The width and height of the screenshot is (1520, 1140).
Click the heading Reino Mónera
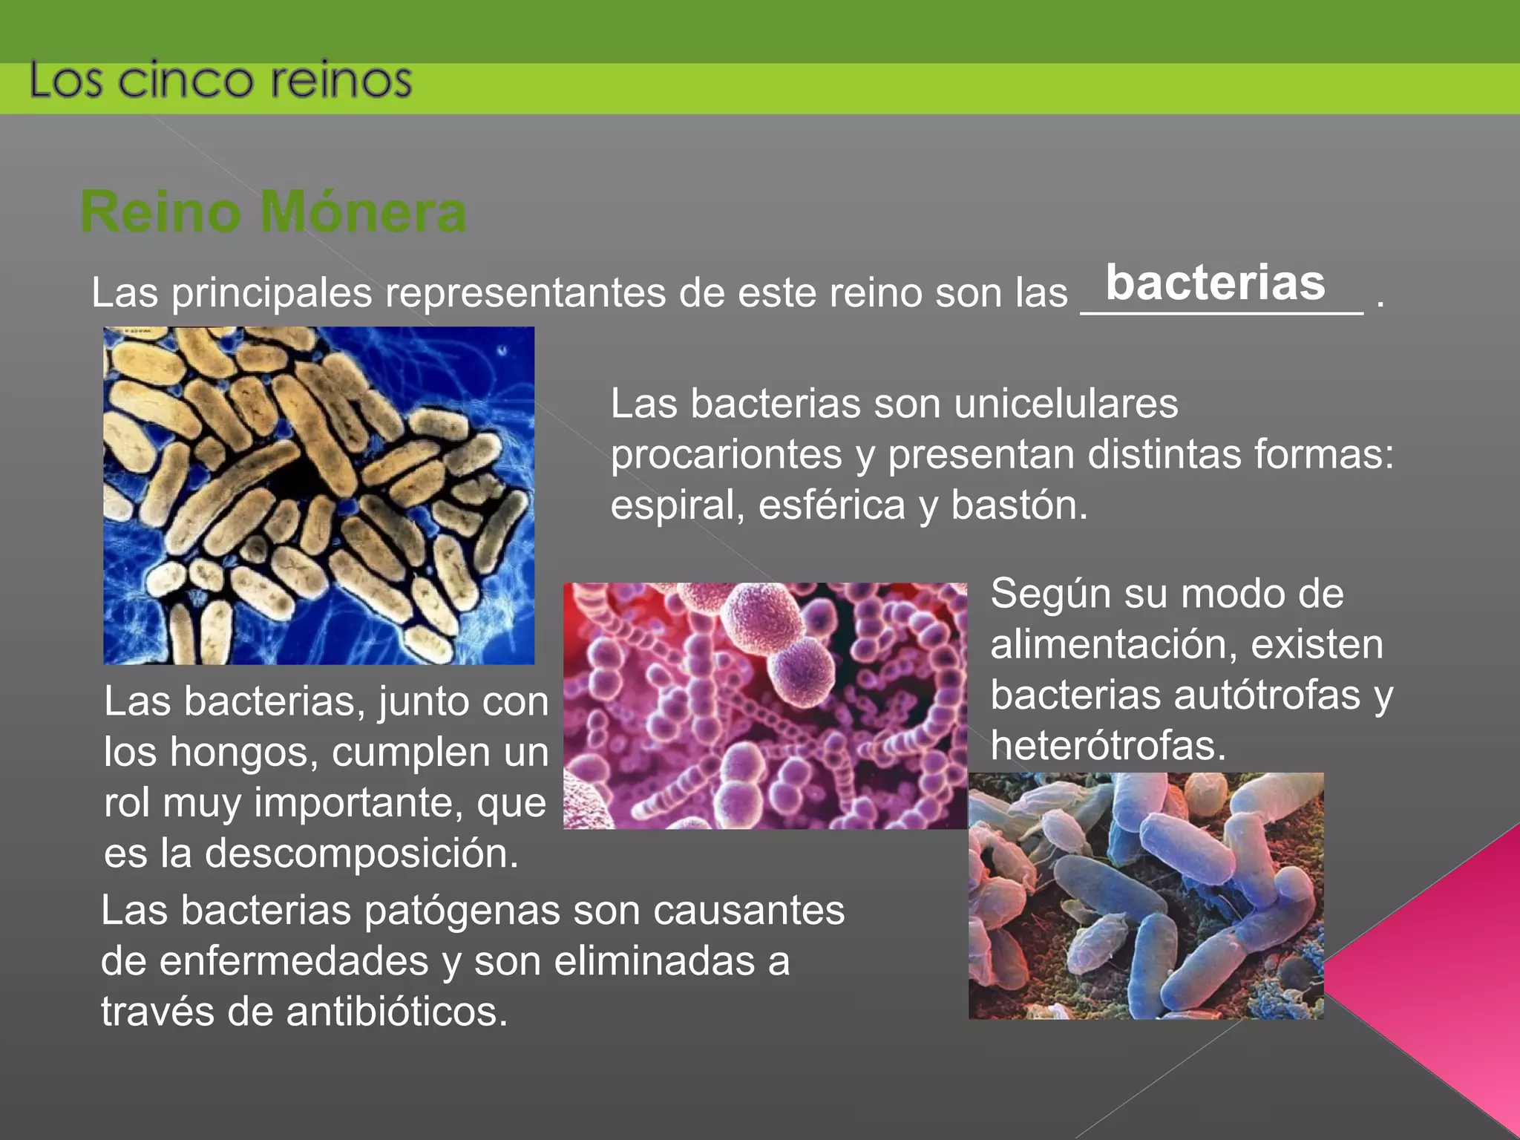(273, 212)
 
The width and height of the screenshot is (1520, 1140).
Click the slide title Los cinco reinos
(220, 80)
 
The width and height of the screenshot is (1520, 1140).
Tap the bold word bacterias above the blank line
(1215, 283)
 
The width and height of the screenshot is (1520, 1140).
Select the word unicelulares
(1066, 404)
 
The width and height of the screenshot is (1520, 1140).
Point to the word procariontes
(726, 454)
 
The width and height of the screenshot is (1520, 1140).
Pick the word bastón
(1019, 506)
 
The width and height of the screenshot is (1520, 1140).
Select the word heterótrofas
(1107, 746)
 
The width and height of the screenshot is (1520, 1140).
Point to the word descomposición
(361, 854)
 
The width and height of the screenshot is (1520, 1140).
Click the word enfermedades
(294, 961)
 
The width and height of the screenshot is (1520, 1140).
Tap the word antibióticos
(396, 1012)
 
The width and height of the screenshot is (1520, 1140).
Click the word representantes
(525, 293)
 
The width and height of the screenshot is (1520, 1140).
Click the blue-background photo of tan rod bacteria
(318, 495)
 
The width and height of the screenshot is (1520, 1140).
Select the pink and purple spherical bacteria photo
(764, 705)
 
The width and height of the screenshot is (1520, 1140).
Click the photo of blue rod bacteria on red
(1145, 895)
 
